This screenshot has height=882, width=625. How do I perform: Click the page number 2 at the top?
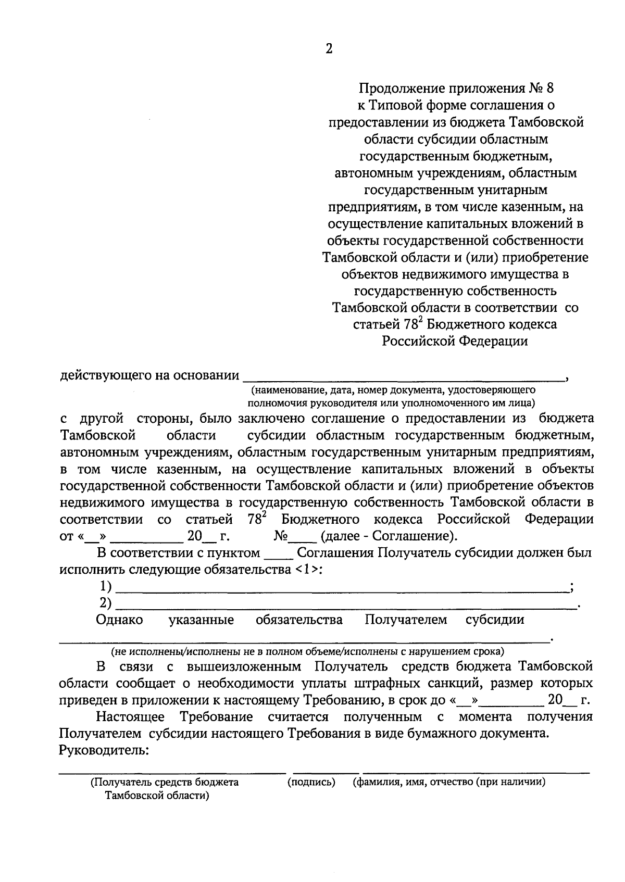(328, 49)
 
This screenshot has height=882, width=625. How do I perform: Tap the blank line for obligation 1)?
(341, 589)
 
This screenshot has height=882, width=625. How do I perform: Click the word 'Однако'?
(119, 620)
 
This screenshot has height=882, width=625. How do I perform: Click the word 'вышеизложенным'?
(244, 666)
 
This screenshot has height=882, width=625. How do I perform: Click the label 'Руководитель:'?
(104, 750)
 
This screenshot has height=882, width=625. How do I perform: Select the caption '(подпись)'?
(311, 782)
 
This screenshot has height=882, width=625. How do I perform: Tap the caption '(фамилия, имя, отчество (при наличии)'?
(449, 782)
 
